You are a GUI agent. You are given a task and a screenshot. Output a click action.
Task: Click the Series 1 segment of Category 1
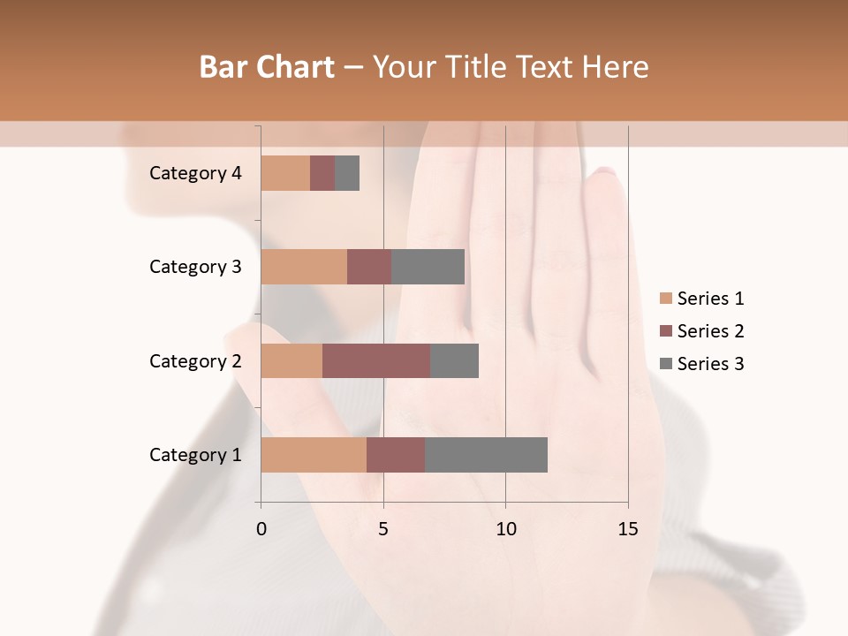[314, 455]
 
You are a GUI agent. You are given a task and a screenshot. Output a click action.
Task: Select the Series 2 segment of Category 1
[396, 455]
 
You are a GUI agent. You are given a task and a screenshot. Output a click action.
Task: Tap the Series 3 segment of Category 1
[486, 455]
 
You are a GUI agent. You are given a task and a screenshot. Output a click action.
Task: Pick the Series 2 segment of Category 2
[376, 360]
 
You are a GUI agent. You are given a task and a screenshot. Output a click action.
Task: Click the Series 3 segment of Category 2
[454, 360]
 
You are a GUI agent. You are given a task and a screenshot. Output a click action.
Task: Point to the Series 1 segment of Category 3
[304, 267]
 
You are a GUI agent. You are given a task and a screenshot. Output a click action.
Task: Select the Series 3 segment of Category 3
[428, 267]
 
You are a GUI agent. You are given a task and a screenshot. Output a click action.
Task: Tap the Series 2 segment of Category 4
[322, 173]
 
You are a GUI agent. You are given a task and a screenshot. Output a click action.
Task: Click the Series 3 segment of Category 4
[347, 173]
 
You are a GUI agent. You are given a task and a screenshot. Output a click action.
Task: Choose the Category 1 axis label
[194, 455]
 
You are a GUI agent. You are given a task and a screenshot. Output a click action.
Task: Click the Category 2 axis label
[194, 360]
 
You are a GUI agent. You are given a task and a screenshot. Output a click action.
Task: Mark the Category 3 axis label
[194, 267]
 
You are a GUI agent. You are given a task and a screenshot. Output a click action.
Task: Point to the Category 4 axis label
[194, 173]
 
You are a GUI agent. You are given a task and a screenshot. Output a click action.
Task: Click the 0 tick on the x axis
[261, 529]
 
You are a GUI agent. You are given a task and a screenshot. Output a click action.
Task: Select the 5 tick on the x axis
[383, 529]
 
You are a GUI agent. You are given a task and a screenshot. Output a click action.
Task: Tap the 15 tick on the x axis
[627, 529]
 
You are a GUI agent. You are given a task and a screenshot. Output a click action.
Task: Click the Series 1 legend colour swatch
[665, 299]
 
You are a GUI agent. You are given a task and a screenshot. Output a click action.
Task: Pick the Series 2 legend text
[710, 331]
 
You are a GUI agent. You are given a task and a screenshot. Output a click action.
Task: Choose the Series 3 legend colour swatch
[665, 364]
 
